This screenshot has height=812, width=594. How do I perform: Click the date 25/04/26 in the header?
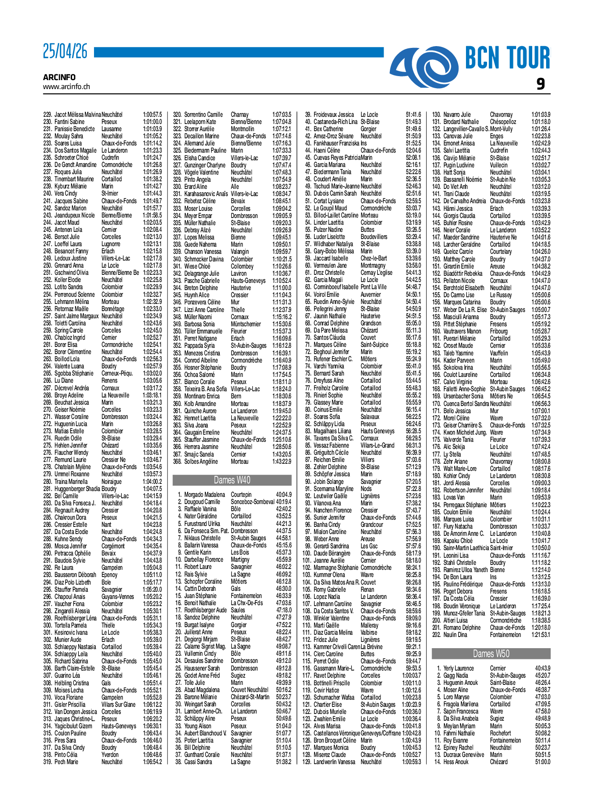(65, 52)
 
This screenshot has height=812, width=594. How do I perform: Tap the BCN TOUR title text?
(508, 58)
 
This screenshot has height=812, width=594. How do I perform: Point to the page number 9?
(541, 84)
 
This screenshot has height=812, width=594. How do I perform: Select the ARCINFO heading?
(59, 77)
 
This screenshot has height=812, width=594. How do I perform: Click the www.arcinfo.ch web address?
(66, 87)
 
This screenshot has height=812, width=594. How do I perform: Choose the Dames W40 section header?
(232, 480)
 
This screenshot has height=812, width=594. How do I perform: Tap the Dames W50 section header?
(491, 654)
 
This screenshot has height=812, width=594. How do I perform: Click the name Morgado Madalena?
(205, 495)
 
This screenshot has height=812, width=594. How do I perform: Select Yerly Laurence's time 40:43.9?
(543, 668)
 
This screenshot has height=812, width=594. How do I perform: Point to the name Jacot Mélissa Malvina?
(77, 115)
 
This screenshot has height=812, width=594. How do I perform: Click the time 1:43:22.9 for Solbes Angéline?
(282, 462)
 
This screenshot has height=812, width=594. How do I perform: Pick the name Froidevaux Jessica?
(333, 115)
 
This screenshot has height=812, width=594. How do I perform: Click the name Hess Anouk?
(456, 762)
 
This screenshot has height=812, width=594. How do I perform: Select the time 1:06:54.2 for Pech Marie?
(152, 762)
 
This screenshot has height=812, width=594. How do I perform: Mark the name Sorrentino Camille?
(203, 115)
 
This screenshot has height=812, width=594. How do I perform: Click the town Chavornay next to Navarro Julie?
(501, 115)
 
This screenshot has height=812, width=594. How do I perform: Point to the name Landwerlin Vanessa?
(334, 762)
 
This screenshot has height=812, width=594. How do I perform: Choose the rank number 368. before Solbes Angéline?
(177, 462)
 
